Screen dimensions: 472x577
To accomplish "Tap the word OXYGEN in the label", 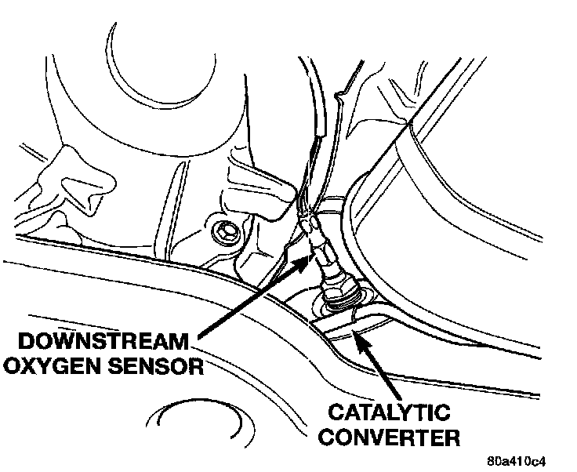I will click(50, 365).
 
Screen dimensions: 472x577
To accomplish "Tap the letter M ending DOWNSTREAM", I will click(179, 343).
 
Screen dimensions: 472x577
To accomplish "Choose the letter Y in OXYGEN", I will click(53, 365).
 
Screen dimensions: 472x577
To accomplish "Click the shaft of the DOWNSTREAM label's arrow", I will click(243, 303).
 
